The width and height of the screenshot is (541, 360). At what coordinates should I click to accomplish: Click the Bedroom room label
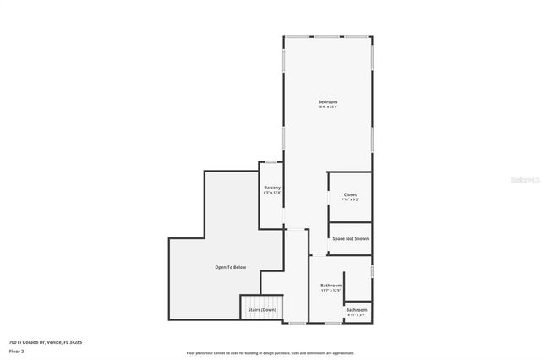click(x=327, y=101)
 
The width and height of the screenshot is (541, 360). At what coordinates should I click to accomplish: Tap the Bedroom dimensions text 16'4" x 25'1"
click(x=327, y=107)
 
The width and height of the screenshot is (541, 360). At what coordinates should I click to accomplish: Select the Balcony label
click(x=272, y=187)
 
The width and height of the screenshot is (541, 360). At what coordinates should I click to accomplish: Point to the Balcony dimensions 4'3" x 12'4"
click(x=272, y=193)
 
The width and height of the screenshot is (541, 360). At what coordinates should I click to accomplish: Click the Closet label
click(x=350, y=194)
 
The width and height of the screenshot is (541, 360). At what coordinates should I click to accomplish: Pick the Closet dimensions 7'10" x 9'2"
click(x=350, y=200)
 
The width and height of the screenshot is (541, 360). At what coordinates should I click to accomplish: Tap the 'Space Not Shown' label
click(x=350, y=238)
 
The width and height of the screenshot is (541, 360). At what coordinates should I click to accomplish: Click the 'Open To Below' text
click(x=230, y=267)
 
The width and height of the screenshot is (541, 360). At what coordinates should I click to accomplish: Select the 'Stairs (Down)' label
click(x=261, y=310)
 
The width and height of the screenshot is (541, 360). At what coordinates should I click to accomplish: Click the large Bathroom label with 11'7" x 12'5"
click(x=331, y=285)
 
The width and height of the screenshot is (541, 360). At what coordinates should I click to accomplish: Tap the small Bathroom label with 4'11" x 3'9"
click(x=356, y=309)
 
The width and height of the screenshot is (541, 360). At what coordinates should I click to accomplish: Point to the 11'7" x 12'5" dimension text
click(x=331, y=291)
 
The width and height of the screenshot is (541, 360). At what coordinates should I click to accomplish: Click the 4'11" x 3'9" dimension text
click(x=356, y=315)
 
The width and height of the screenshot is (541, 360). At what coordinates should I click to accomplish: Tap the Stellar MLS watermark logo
click(x=522, y=180)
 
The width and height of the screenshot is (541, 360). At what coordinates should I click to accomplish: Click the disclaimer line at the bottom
click(x=270, y=353)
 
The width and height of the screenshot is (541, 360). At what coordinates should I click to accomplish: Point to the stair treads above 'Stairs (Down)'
click(x=261, y=302)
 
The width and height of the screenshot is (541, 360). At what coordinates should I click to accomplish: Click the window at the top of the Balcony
click(x=270, y=162)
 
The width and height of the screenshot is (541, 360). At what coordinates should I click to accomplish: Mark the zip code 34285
click(x=76, y=342)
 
